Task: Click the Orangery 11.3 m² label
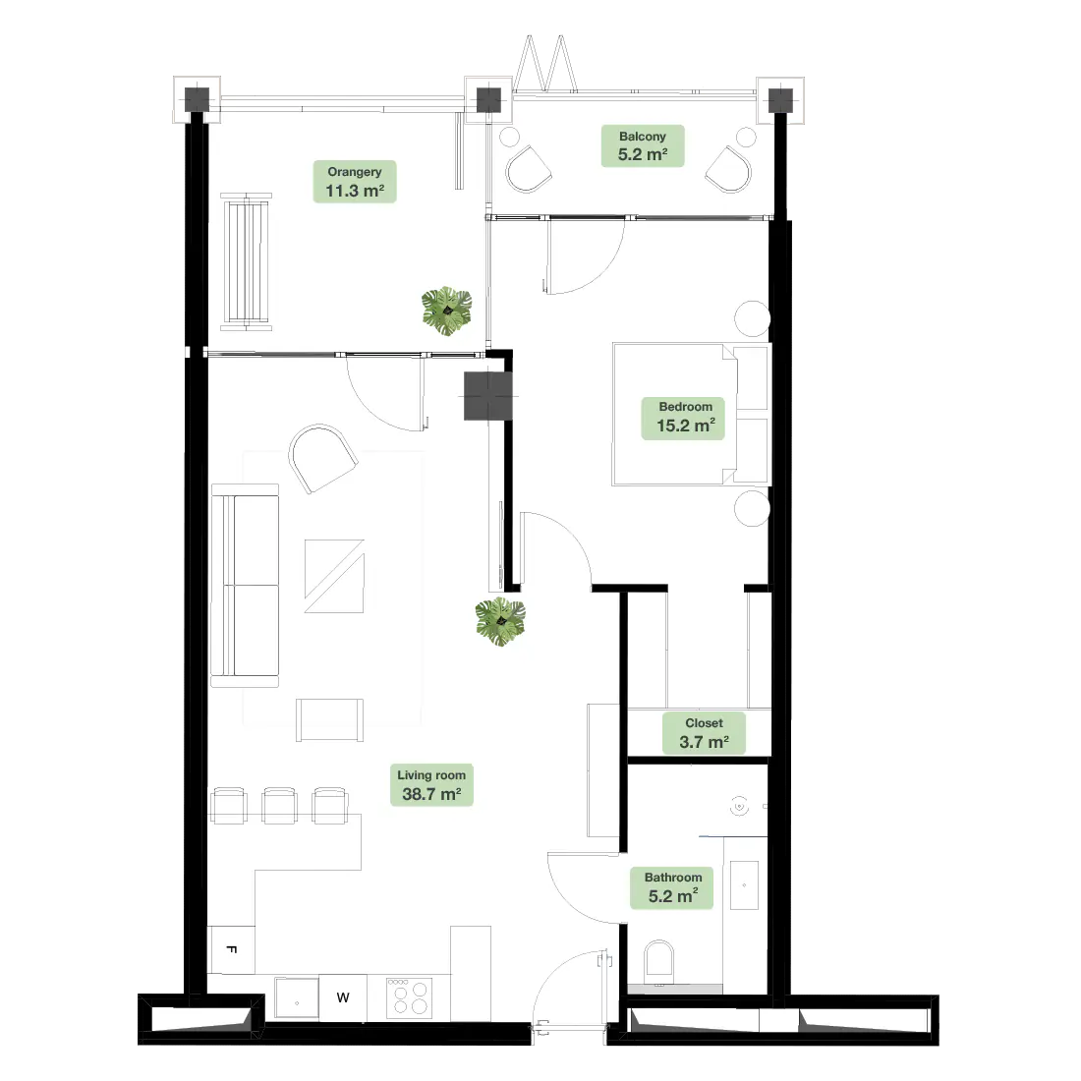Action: pyautogui.click(x=355, y=182)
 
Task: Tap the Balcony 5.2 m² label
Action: pyautogui.click(x=643, y=146)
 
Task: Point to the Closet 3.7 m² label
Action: pyautogui.click(x=704, y=733)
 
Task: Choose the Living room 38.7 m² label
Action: pyautogui.click(x=431, y=785)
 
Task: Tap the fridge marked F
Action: pyautogui.click(x=232, y=950)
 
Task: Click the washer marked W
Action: pyautogui.click(x=343, y=997)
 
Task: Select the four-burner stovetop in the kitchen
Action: pyautogui.click(x=410, y=997)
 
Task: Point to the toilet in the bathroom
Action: pyautogui.click(x=658, y=961)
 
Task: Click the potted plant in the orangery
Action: pyautogui.click(x=447, y=311)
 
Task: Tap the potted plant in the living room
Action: pyautogui.click(x=500, y=621)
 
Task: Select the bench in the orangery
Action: pyautogui.click(x=246, y=261)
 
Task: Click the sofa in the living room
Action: pyautogui.click(x=245, y=586)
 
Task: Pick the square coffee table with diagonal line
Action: pyautogui.click(x=334, y=576)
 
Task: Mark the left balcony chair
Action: pyautogui.click(x=528, y=170)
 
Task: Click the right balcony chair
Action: pyautogui.click(x=728, y=170)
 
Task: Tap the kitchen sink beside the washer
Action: pyautogui.click(x=297, y=997)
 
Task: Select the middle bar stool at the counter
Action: pyautogui.click(x=280, y=805)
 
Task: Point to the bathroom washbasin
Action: pyautogui.click(x=744, y=884)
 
